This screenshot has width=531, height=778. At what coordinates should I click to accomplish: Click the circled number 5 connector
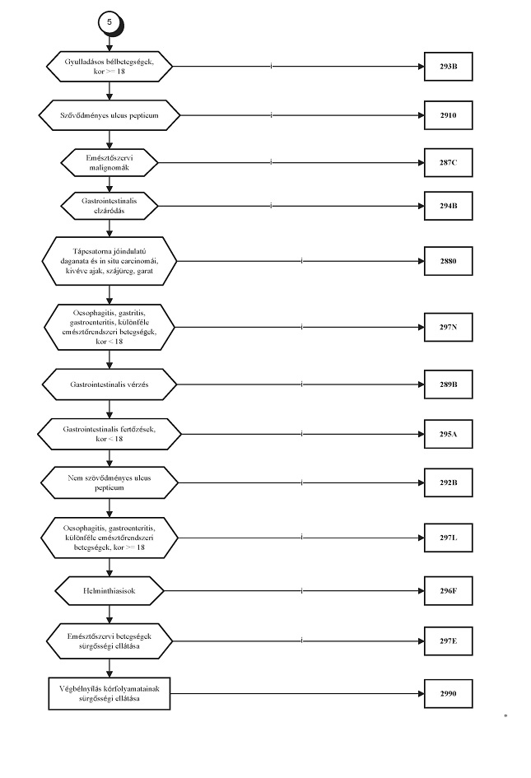tap(109, 22)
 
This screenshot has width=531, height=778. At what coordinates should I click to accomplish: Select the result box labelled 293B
tap(448, 66)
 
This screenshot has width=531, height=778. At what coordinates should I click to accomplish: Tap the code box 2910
tap(448, 115)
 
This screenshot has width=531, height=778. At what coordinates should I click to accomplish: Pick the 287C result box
tap(448, 162)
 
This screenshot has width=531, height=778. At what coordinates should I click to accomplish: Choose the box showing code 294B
tap(448, 206)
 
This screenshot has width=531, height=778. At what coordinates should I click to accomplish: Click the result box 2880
tap(448, 261)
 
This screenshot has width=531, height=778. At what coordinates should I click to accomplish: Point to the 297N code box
tap(448, 327)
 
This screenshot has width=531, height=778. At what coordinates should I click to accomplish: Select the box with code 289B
tap(448, 384)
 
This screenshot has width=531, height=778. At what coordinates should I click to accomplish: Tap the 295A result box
tap(448, 434)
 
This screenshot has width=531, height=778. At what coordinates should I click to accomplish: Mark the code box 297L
tap(448, 538)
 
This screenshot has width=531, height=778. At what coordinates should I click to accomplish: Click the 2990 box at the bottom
tap(448, 693)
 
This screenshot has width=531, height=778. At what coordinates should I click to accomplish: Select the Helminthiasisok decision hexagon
tap(109, 590)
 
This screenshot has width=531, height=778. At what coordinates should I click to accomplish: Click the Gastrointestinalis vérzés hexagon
tap(109, 384)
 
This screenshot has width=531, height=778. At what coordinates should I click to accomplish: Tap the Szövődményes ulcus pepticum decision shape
tap(109, 115)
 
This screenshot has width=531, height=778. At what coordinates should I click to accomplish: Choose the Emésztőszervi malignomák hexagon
tap(109, 162)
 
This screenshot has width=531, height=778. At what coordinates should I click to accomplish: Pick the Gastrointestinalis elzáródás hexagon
tap(109, 206)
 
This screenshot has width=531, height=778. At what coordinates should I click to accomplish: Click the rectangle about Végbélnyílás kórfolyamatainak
tap(109, 693)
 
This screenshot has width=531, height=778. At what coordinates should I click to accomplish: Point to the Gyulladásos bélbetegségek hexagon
tap(109, 66)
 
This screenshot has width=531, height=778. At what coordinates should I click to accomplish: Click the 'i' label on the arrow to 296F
tap(302, 590)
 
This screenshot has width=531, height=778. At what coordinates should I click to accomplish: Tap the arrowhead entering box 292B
tap(421, 482)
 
